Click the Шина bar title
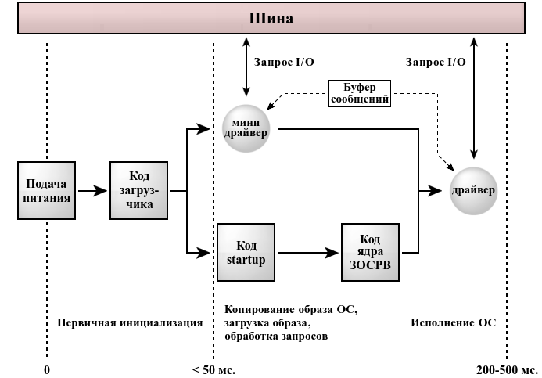pos(271,18)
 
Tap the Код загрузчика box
pos(140,190)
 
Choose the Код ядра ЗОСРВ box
pos(370,252)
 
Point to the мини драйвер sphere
pos(246,127)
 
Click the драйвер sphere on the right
pos(473,190)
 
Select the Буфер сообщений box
pos(358,94)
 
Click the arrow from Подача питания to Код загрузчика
pos(92,190)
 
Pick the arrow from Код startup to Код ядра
pos(308,252)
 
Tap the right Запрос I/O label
pos(436,61)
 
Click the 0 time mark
pos(47,369)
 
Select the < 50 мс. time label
pos(214,369)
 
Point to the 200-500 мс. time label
pos(506,369)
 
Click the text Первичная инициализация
pos(129,322)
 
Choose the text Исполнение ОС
pos(454,322)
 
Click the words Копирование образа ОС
pos(290,309)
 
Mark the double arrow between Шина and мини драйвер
pos(247,69)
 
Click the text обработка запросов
pos(275,337)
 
